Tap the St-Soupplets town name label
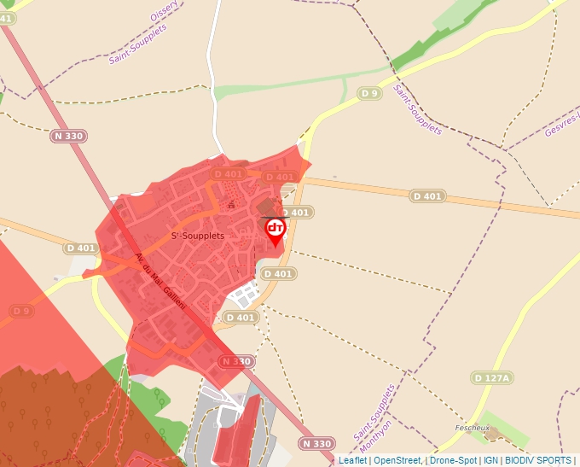(x=198, y=235)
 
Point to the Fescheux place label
(x=473, y=427)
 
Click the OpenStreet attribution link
(x=397, y=460)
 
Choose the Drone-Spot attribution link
(x=454, y=460)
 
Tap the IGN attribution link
(x=490, y=460)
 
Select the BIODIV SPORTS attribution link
(x=538, y=460)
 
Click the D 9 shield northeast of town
(x=368, y=93)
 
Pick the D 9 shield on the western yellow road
(x=21, y=310)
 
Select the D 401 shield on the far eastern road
(x=427, y=196)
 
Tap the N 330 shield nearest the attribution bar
(x=316, y=443)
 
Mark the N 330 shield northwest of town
(x=68, y=136)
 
